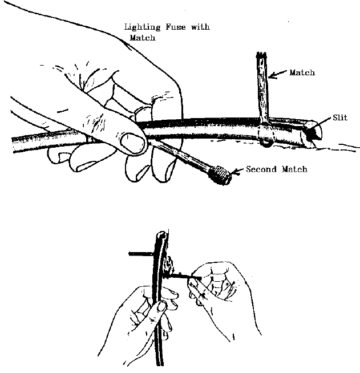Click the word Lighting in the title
point(143,27)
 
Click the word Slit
point(340,118)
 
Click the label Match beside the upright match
point(302,73)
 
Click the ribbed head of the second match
point(220,173)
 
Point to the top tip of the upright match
point(261,55)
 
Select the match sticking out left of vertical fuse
point(140,252)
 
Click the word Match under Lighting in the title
point(143,38)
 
